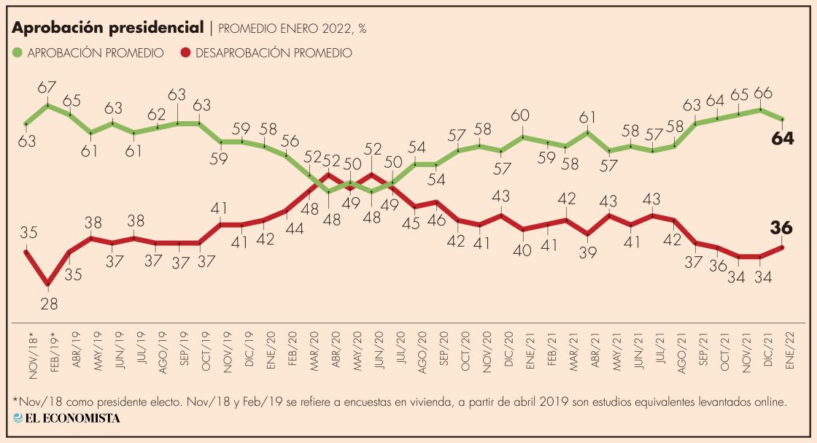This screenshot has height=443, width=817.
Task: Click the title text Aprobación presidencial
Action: (x=107, y=28)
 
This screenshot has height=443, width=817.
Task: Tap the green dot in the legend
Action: (x=18, y=53)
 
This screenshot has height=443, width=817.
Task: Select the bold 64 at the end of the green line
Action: (x=783, y=139)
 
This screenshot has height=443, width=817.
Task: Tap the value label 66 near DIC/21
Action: (x=761, y=93)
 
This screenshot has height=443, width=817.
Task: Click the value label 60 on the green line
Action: (x=520, y=115)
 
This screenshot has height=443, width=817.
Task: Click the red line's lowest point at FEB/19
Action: (x=48, y=283)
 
